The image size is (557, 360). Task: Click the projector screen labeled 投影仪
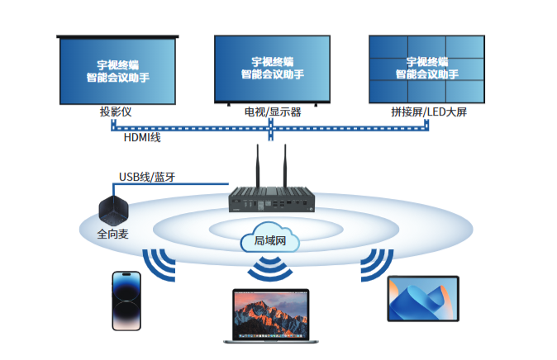pyautogui.click(x=117, y=70)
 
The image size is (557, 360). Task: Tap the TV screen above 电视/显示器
pyautogui.click(x=272, y=69)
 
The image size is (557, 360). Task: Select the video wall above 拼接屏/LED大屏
pyautogui.click(x=426, y=69)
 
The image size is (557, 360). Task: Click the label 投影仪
pyautogui.click(x=116, y=111)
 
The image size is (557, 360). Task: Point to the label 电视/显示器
pyautogui.click(x=273, y=112)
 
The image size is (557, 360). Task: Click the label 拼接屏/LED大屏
pyautogui.click(x=429, y=111)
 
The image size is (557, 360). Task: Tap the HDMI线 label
pyautogui.click(x=142, y=137)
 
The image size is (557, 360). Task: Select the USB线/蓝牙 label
pyautogui.click(x=147, y=177)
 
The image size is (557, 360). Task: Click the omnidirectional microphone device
pyautogui.click(x=113, y=211)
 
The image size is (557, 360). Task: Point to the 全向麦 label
pyautogui.click(x=112, y=234)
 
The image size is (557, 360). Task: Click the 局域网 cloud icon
pyautogui.click(x=270, y=238)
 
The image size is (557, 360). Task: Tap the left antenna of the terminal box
pyautogui.click(x=258, y=165)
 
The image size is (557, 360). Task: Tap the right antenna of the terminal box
pyautogui.click(x=285, y=165)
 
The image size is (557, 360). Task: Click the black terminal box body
pyautogui.click(x=272, y=200)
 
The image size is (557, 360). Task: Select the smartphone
pyautogui.click(x=126, y=301)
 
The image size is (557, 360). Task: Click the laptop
pyautogui.click(x=271, y=316)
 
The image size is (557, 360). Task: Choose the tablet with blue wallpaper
pyautogui.click(x=423, y=299)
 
